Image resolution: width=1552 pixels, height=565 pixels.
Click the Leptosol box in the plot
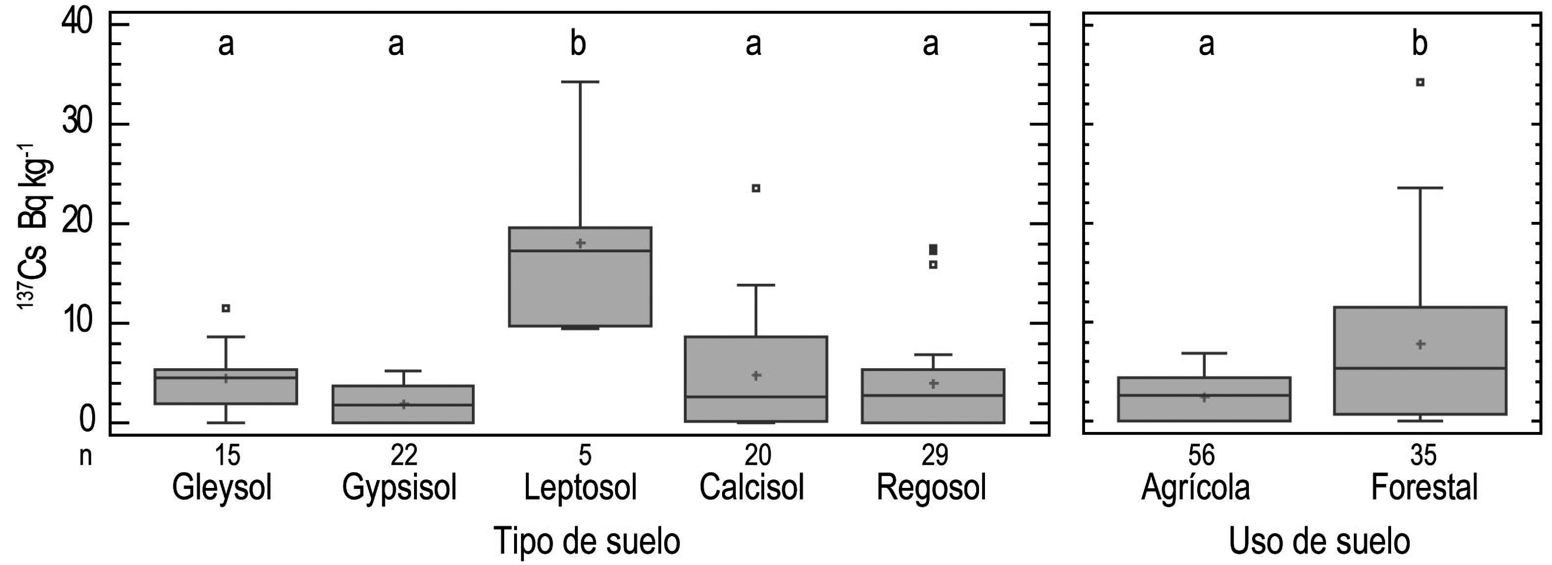click(580, 276)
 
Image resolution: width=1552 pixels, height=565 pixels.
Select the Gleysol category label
click(222, 487)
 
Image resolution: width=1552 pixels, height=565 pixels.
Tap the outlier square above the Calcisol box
click(756, 188)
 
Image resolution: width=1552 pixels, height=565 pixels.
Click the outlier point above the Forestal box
click(1420, 82)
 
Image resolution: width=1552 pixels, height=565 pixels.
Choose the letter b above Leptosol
click(578, 44)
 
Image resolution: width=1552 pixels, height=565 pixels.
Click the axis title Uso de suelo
click(1319, 540)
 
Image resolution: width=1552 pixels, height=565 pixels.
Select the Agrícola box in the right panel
click(1204, 399)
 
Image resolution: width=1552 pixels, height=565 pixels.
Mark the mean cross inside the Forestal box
click(1420, 344)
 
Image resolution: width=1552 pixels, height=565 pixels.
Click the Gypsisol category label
click(399, 487)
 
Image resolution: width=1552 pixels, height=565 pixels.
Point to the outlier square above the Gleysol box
click(226, 308)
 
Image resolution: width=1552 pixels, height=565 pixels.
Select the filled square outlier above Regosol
click(933, 249)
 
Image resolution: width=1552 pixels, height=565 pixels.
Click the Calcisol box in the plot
click(755, 378)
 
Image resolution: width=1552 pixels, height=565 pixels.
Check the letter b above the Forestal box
click(1420, 44)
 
